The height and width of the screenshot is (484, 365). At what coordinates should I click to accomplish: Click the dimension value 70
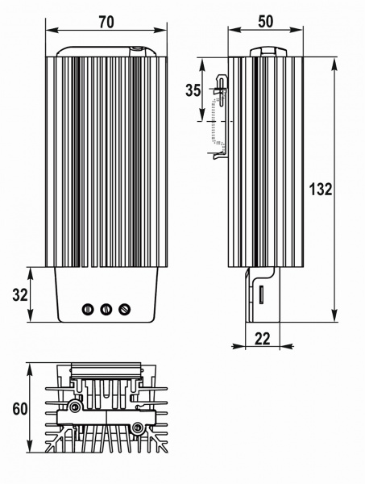point(106,22)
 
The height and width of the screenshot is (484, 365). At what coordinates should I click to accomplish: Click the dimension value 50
point(265,22)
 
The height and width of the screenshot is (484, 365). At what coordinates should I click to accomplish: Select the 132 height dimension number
point(321,189)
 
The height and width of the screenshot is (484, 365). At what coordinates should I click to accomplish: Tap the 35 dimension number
point(193,90)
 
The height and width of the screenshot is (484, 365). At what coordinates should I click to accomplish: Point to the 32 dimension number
point(20,294)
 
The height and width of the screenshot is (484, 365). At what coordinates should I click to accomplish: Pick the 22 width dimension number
point(263,339)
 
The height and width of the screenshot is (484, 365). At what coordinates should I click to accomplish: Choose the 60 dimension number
point(20,409)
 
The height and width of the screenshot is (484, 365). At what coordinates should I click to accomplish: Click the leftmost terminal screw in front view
point(88,309)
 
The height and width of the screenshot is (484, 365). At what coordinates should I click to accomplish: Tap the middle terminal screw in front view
point(106,309)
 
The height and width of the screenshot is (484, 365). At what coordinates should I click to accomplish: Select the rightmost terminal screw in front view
point(125,309)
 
